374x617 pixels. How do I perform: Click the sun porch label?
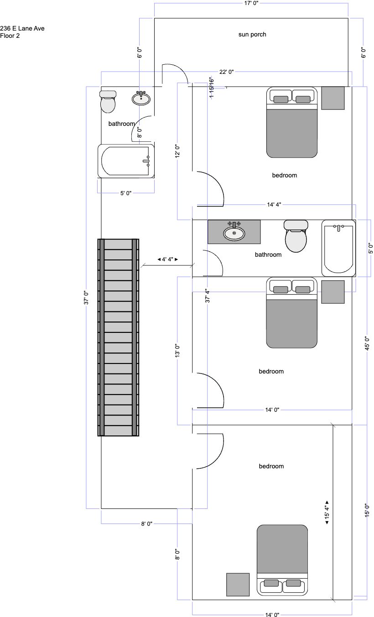point(252,35)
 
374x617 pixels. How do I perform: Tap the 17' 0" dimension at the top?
point(251,3)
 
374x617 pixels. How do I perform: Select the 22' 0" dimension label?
point(226,72)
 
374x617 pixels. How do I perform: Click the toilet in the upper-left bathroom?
point(108,102)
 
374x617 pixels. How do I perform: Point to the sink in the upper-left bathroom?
point(141,98)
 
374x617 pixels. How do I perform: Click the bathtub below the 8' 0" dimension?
point(126,161)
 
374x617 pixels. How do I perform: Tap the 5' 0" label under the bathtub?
point(126,193)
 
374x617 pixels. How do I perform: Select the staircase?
point(119,337)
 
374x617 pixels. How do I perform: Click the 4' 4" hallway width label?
point(167,259)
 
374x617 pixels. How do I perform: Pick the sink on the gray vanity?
point(234,232)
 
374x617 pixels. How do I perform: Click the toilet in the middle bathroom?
point(296,236)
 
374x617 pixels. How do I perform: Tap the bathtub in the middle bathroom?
point(338,248)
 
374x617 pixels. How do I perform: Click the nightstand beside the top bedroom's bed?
point(333,98)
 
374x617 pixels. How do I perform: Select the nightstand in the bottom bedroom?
point(238,585)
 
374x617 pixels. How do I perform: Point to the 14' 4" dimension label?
point(274,205)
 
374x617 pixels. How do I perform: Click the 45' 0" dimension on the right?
point(367,343)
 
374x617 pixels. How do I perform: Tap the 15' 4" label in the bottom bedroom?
point(327,512)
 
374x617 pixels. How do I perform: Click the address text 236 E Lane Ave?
point(22,28)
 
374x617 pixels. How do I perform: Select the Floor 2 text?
point(10,36)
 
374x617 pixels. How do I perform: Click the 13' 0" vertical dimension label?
point(177,350)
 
